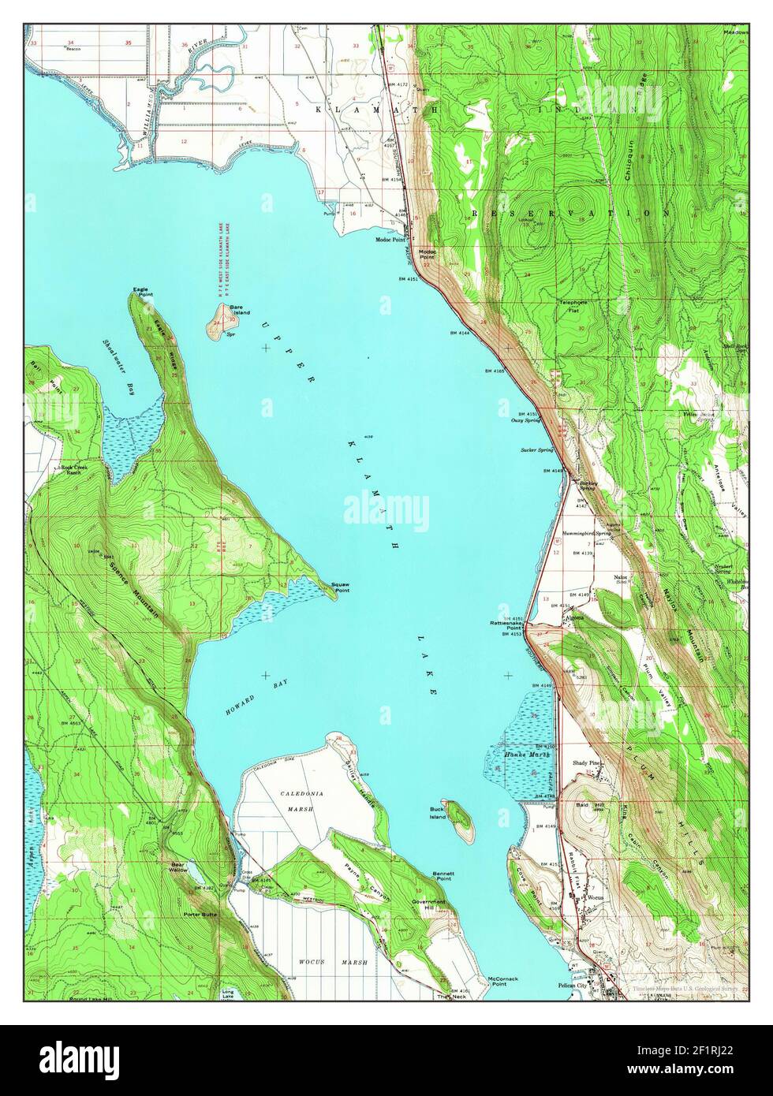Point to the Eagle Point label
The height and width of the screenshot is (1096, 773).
click(142, 292)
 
